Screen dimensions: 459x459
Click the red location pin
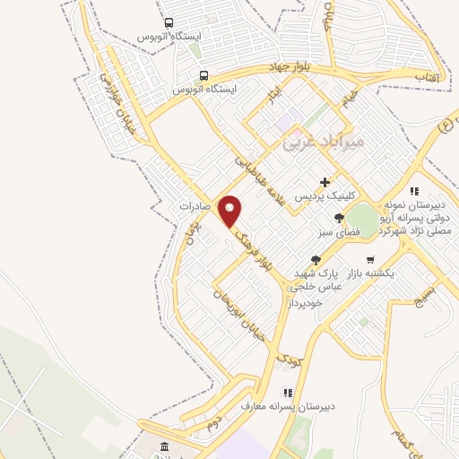(x=230, y=209)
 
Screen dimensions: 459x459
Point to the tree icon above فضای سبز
(x=338, y=218)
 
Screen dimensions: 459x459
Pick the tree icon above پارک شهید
(x=314, y=260)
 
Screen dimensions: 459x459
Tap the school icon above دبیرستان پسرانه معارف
(x=287, y=392)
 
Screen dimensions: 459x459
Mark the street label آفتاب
(x=425, y=78)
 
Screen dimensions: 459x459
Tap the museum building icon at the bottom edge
(x=164, y=446)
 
